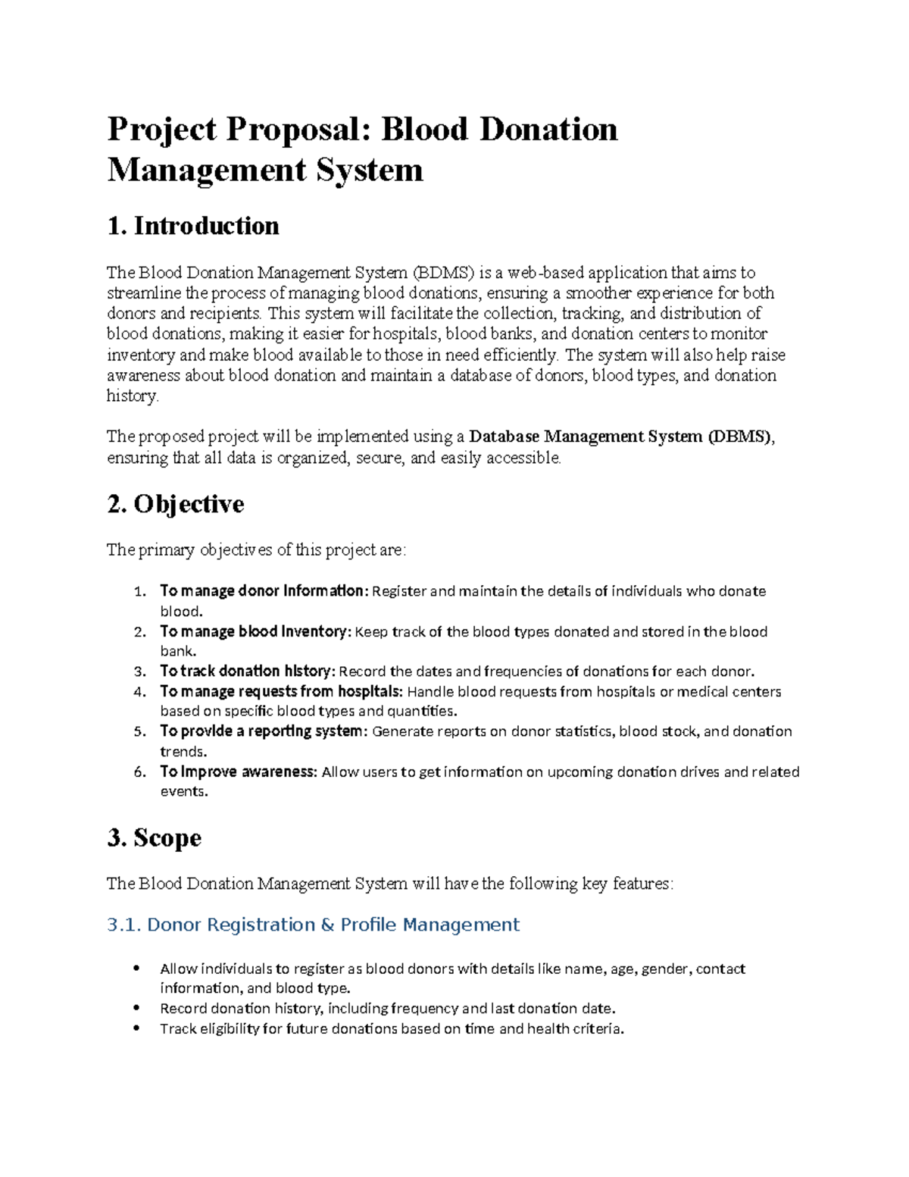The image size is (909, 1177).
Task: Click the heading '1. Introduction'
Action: (x=193, y=226)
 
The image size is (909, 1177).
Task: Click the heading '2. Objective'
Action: (x=176, y=504)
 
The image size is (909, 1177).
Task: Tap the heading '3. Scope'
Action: (x=155, y=837)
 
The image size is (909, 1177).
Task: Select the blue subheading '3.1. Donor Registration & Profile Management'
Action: (x=313, y=925)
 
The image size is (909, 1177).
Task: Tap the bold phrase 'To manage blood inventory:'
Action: (x=255, y=631)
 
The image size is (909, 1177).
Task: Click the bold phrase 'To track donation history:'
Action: (x=247, y=671)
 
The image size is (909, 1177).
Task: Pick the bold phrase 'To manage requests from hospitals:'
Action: (x=281, y=691)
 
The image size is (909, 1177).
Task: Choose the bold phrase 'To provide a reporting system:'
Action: (x=264, y=731)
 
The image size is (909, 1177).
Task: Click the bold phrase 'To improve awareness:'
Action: (x=239, y=772)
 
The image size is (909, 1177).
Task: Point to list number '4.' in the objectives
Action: (x=139, y=691)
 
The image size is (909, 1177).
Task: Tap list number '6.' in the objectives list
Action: (x=139, y=772)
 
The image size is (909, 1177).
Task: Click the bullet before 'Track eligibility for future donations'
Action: (x=137, y=1028)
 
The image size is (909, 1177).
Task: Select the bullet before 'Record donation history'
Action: (x=137, y=1008)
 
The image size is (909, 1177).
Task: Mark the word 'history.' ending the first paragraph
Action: (x=133, y=396)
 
